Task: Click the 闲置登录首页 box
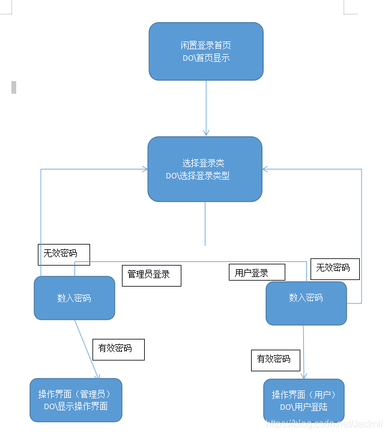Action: (206, 51)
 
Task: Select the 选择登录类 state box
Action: (205, 169)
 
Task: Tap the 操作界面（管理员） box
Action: (76, 400)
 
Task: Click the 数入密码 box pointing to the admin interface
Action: (74, 298)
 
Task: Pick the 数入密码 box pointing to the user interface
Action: (306, 298)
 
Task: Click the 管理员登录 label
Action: (151, 275)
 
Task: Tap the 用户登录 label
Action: (256, 272)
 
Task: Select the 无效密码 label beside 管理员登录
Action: (64, 254)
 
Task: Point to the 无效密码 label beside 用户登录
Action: (334, 268)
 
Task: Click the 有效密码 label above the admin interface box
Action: (118, 348)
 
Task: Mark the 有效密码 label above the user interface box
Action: (275, 359)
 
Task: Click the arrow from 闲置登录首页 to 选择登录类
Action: (206, 108)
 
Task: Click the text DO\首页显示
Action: (206, 58)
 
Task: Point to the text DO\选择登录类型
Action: (198, 176)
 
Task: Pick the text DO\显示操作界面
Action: (76, 407)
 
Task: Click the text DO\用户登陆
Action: (303, 407)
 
